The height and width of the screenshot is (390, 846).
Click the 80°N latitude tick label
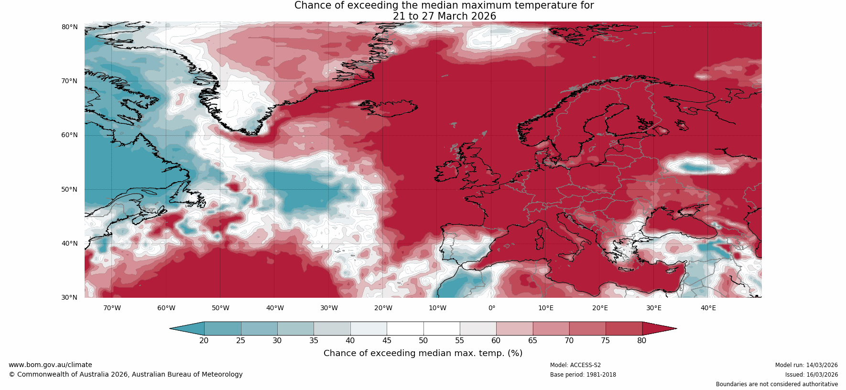click(69, 27)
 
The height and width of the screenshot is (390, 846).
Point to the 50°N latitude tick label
click(69, 189)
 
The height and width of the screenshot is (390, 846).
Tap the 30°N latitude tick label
click(69, 297)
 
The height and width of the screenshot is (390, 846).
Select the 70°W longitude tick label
click(112, 308)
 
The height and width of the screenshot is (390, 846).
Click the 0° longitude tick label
click(491, 308)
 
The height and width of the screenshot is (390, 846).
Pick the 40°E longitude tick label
click(708, 308)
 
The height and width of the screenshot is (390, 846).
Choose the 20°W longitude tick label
click(383, 308)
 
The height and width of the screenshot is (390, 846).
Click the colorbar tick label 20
click(204, 340)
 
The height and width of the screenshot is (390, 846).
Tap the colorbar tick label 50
click(423, 340)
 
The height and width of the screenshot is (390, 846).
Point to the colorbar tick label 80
click(641, 340)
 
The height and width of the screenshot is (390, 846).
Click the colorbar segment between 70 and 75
click(587, 328)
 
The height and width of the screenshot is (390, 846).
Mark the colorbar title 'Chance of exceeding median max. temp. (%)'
click(423, 353)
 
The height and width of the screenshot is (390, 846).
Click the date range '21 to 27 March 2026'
click(445, 16)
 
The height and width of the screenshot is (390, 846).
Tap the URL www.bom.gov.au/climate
click(50, 365)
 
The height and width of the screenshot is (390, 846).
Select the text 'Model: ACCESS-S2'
click(575, 365)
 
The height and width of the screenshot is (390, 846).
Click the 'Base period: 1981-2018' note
click(583, 375)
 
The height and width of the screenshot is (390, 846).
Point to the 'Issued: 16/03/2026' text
click(811, 375)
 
